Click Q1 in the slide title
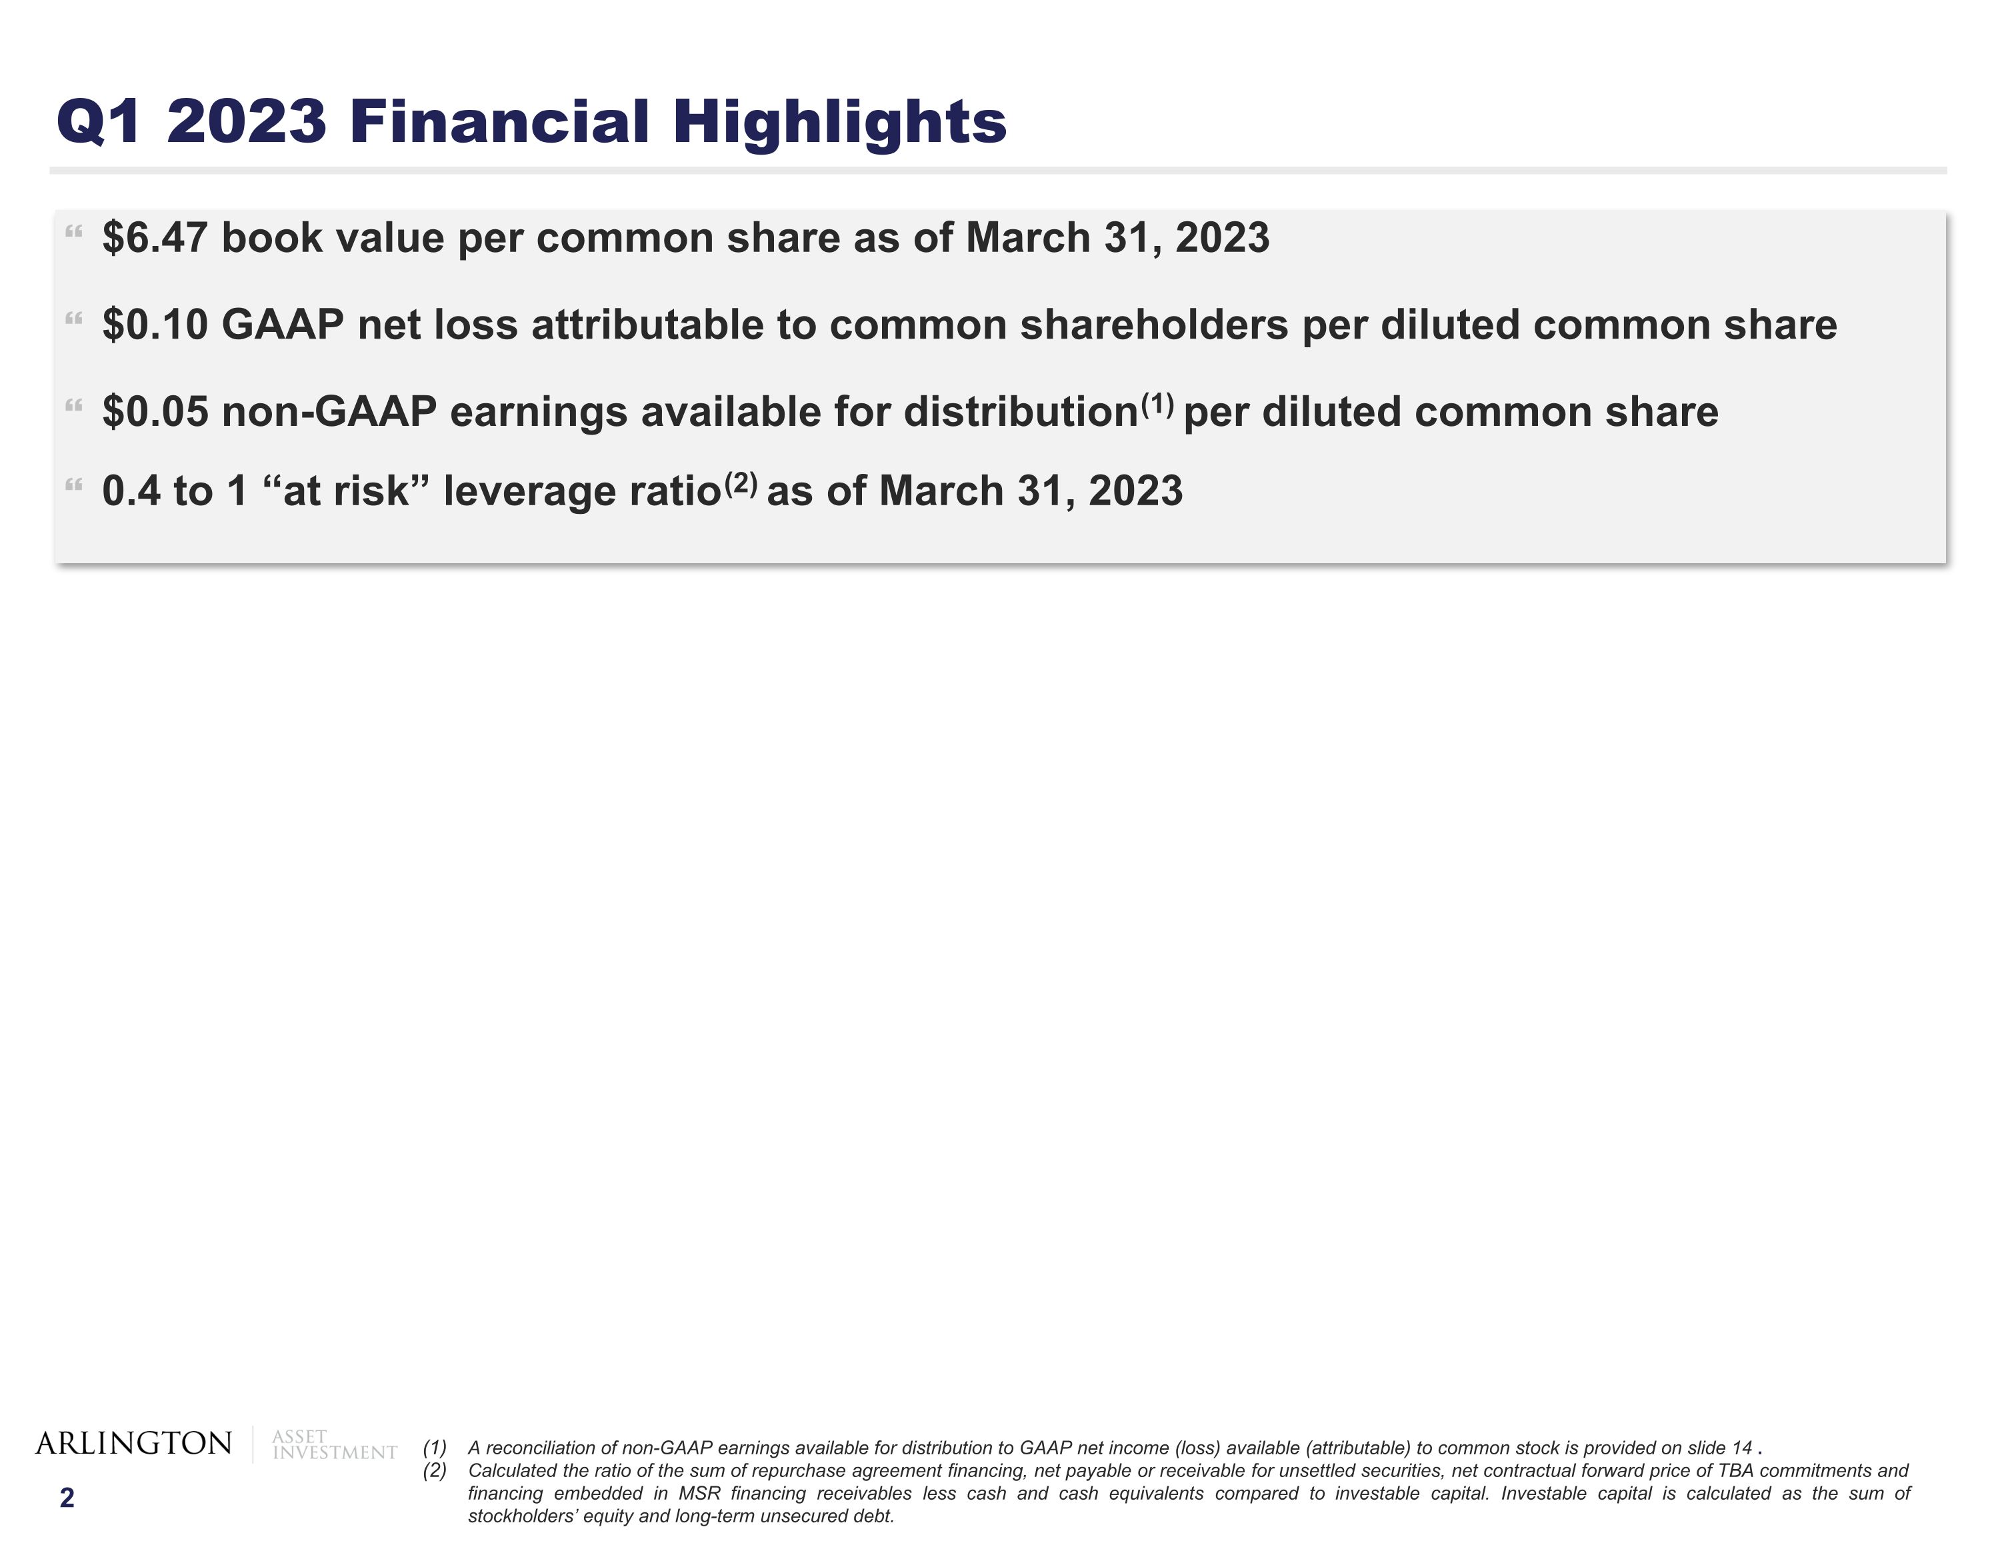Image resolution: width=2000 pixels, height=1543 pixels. pyautogui.click(x=99, y=122)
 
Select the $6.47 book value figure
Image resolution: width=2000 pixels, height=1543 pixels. pyautogui.click(x=155, y=238)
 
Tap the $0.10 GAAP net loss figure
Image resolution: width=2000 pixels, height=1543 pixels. pyautogui.click(x=155, y=325)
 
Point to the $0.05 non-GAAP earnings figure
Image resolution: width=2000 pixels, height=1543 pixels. pyautogui.click(x=155, y=412)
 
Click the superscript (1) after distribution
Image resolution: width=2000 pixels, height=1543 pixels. pyautogui.click(x=1157, y=403)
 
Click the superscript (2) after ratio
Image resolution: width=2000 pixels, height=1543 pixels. pyautogui.click(x=741, y=483)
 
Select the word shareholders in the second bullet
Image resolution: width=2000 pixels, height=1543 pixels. pyautogui.click(x=1154, y=325)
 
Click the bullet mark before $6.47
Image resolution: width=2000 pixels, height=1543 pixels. pyautogui.click(x=74, y=233)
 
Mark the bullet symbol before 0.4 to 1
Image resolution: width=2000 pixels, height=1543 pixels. pyautogui.click(x=74, y=485)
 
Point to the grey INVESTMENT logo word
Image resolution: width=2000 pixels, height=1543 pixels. pyautogui.click(x=335, y=1453)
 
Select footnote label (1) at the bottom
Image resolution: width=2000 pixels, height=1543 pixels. pyautogui.click(x=434, y=1448)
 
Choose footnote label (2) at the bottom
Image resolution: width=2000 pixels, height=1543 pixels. pyautogui.click(x=434, y=1470)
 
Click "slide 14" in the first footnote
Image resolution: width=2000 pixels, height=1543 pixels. pyautogui.click(x=1719, y=1448)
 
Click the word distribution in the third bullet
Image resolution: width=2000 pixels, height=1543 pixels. pyautogui.click(x=1020, y=412)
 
